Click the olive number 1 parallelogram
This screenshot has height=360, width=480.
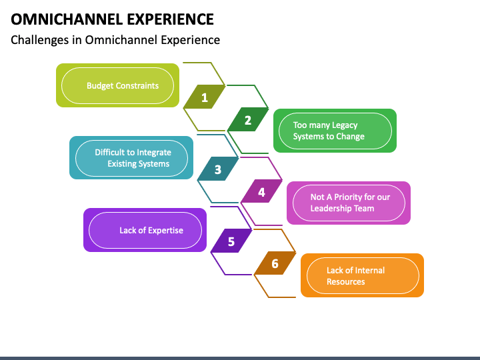coord(205,97)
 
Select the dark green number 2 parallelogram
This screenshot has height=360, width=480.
coord(248,119)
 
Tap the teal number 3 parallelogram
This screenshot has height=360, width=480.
coord(218,169)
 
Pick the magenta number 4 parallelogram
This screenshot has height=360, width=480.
coord(261,191)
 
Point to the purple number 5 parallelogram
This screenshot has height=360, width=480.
coord(231,241)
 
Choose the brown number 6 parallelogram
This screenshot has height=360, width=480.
coord(275,263)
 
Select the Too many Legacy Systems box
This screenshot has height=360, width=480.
coord(335,131)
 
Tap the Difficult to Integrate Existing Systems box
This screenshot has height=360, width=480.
coord(131,157)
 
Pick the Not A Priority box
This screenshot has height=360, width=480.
coord(349,203)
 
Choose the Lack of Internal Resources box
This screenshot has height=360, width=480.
coord(363,275)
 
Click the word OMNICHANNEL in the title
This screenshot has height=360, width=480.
coord(67,19)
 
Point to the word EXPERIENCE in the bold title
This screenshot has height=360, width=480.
coord(170,19)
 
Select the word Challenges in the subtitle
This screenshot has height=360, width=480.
coord(40,40)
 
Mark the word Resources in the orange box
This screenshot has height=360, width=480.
coord(345,281)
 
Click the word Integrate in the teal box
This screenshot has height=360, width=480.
coord(154,153)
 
